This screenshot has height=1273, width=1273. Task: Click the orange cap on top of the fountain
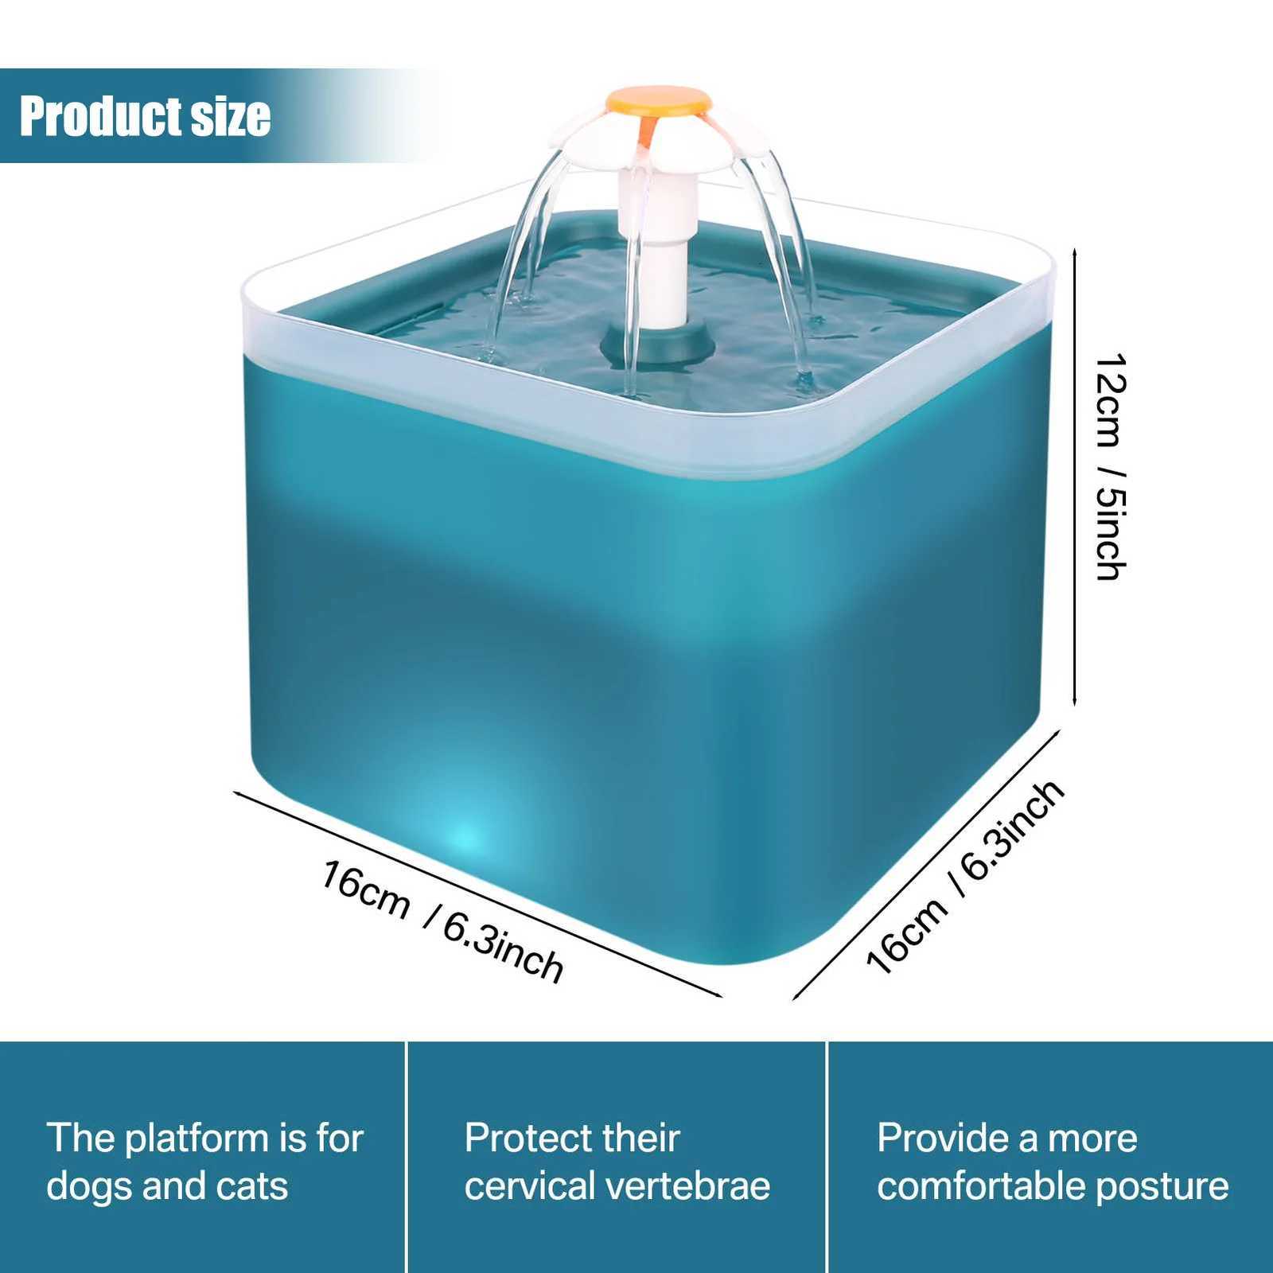coord(658,102)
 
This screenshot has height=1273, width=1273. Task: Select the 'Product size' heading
coord(145,116)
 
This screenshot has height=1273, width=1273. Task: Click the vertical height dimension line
coord(1075,477)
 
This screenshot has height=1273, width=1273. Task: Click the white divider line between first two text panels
coord(407,1157)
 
